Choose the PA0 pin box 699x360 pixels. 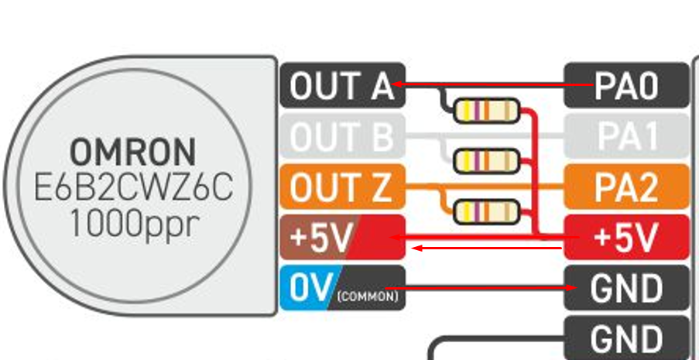pos(626,85)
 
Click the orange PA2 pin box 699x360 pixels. pos(626,187)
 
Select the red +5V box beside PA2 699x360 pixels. pos(626,238)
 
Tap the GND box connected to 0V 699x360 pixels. pos(626,288)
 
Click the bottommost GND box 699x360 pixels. pos(626,338)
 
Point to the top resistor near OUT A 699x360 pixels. pos(485,111)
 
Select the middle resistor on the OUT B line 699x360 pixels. pos(485,161)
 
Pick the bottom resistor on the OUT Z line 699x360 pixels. pos(485,211)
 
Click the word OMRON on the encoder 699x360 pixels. pos(133,149)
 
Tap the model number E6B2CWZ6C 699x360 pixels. pos(133,187)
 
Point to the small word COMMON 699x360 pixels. pos(368,296)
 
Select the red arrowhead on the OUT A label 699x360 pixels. pos(398,83)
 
